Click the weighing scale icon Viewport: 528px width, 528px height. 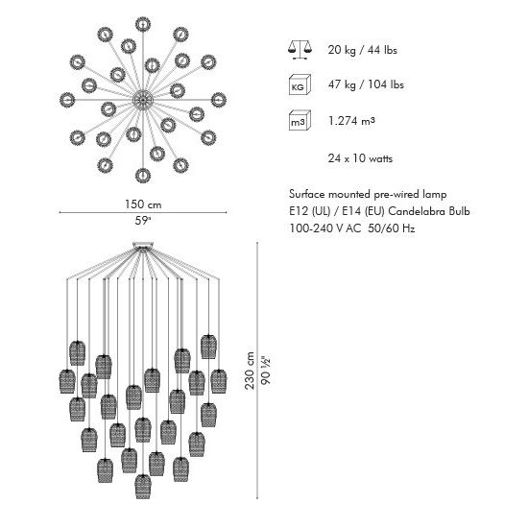click(300, 50)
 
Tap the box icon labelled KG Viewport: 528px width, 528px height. click(300, 84)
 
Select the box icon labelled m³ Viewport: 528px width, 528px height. click(300, 120)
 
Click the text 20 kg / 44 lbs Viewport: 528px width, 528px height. click(362, 50)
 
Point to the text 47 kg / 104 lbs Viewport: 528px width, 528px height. click(366, 84)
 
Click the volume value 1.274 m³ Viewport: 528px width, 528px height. click(351, 121)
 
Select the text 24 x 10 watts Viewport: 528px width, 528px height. click(360, 158)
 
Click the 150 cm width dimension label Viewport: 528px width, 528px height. click(143, 204)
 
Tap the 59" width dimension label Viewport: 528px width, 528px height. click(143, 221)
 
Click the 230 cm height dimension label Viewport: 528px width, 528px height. click(250, 371)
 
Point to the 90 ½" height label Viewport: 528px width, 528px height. click(266, 371)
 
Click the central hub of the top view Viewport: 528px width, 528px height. click(143, 100)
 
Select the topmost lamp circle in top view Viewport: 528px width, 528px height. click(143, 25)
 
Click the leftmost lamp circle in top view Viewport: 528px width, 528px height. click(67, 100)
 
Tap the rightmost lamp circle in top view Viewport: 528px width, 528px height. click(219, 100)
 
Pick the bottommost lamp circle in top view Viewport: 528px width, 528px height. click(143, 176)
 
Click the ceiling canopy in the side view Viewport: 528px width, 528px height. click(143, 246)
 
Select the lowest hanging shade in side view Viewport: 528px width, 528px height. click(143, 487)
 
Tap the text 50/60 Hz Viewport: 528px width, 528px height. click(392, 228)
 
